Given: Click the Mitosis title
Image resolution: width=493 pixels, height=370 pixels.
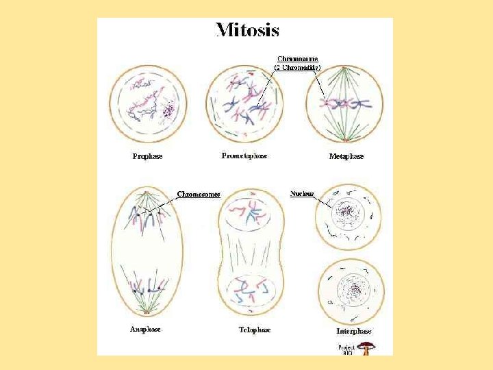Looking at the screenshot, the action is pos(247,30).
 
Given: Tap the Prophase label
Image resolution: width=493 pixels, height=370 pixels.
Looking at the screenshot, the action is pos(147,156).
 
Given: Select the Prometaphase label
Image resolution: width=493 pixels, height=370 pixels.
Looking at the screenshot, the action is pos(244,156).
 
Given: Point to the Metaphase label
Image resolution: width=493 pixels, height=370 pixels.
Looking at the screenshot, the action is pos(346,156).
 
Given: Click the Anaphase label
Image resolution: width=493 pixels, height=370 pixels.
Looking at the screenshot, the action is pos(145,329).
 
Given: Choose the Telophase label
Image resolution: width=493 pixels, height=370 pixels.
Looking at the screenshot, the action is pos(254,330).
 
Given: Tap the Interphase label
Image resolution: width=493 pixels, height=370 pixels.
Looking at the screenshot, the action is pos(353,331).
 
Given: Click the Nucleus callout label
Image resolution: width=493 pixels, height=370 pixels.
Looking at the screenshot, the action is pos(302,193).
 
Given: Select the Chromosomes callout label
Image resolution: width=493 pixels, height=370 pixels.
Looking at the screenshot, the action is pos(199,194).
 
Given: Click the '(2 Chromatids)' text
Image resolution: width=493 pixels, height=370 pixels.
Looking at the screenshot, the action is pos(297,67).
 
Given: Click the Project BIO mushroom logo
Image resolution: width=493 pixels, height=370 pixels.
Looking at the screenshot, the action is pos(367,347).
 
